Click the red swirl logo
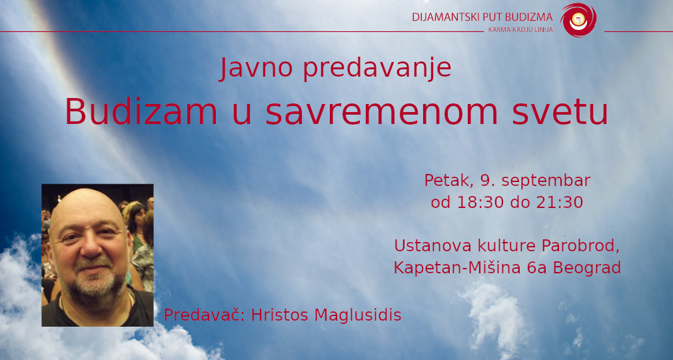tap(578, 20)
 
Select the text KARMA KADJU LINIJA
tap(520, 30)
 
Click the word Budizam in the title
tap(141, 112)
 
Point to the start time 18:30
tap(475, 203)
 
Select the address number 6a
tap(536, 268)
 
